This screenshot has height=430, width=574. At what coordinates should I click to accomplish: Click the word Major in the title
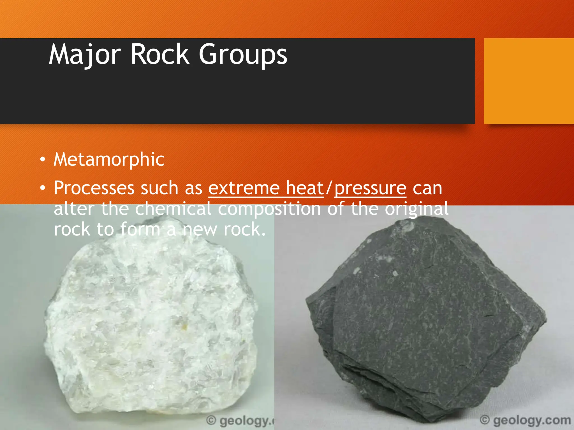click(85, 55)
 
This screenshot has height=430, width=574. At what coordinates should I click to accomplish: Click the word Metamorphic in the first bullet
click(109, 159)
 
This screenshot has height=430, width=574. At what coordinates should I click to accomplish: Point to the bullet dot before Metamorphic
click(42, 160)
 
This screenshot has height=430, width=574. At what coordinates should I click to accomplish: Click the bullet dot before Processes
click(42, 188)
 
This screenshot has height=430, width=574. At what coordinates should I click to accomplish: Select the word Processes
click(94, 188)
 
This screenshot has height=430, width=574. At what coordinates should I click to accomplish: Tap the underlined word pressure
click(370, 188)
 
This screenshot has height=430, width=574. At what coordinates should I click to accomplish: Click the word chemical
click(173, 209)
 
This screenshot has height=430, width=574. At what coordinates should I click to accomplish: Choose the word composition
click(269, 209)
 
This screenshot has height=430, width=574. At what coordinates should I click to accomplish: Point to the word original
click(416, 209)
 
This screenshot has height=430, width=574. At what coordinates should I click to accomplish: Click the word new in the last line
click(200, 229)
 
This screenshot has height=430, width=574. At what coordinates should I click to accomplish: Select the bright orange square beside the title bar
click(529, 81)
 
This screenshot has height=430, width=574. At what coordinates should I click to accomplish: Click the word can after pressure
click(427, 188)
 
